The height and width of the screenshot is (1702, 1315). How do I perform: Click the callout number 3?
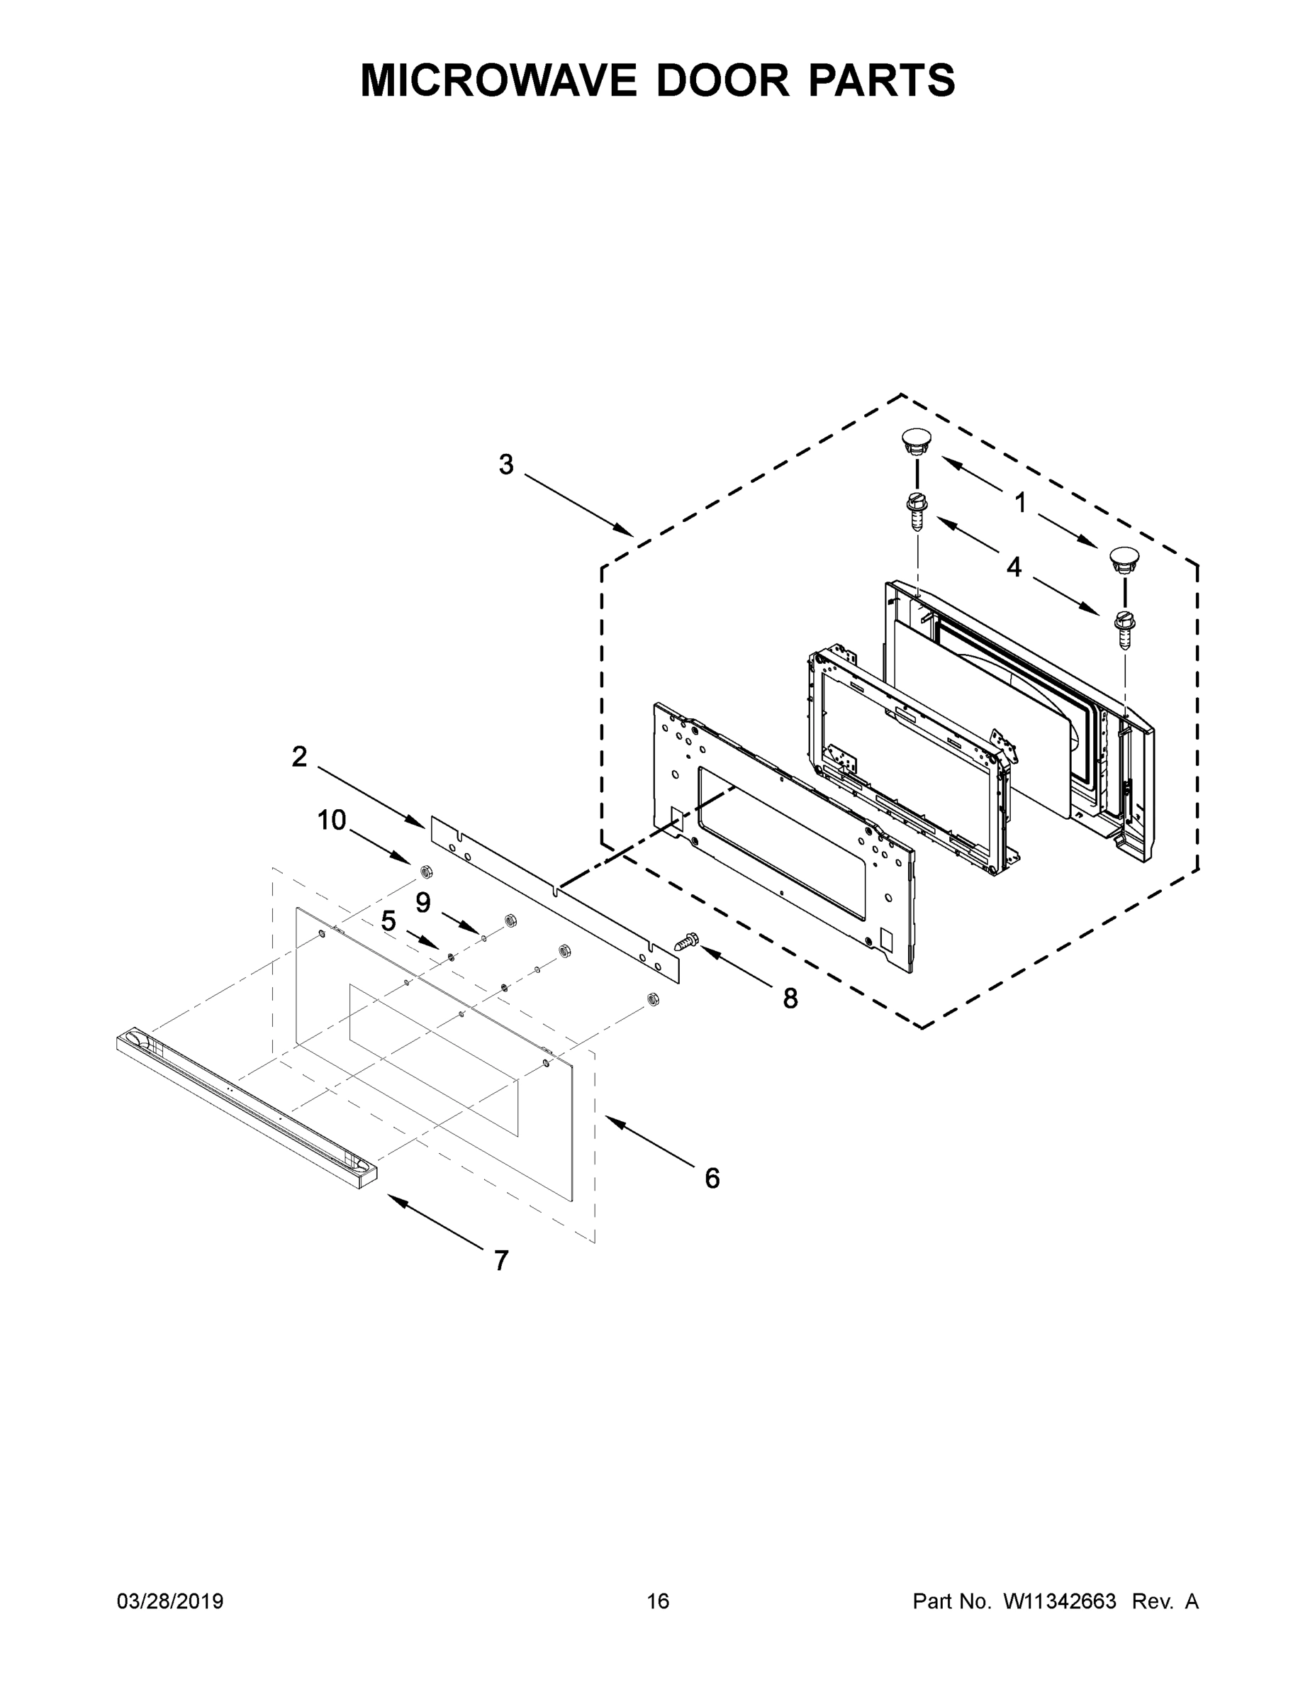[x=506, y=465]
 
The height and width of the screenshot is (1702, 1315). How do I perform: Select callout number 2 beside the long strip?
[x=299, y=756]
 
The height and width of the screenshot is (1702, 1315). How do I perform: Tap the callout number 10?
[x=331, y=820]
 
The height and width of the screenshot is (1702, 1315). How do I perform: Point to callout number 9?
[x=423, y=903]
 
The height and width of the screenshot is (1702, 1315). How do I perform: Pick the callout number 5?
[x=388, y=921]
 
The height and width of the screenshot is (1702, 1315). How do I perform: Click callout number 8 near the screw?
[x=790, y=999]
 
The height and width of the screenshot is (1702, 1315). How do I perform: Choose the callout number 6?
[x=712, y=1179]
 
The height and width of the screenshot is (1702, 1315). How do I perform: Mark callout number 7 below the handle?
[x=501, y=1260]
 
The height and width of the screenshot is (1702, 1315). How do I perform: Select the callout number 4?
[x=1014, y=567]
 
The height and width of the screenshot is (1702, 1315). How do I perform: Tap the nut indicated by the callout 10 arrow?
[x=426, y=870]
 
